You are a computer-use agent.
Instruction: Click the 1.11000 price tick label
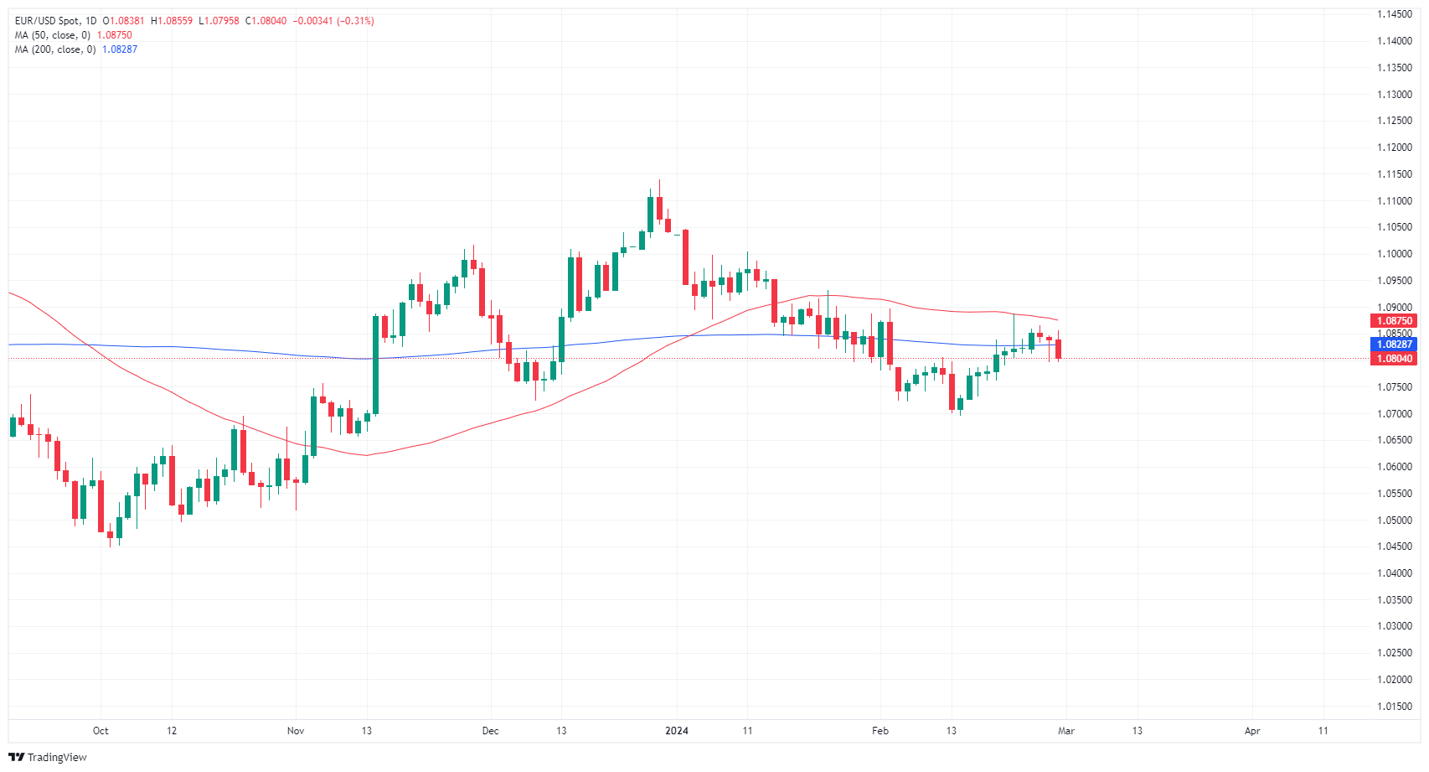coord(1394,201)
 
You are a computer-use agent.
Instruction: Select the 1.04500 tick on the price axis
coord(1394,547)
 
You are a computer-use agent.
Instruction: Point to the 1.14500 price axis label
coord(1394,15)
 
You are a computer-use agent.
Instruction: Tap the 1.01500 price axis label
coord(1394,707)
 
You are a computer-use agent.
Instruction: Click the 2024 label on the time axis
coord(677,731)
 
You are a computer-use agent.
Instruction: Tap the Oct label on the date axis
coord(101,731)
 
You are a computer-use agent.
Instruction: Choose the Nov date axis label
coord(296,731)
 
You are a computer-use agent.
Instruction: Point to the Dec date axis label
coord(491,731)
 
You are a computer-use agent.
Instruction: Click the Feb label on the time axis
coord(880,731)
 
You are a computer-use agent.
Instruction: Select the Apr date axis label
coord(1252,731)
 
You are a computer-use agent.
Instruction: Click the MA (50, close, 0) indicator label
coord(53,35)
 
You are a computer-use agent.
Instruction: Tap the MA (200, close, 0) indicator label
coord(55,49)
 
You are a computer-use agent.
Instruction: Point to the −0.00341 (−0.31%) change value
coord(333,21)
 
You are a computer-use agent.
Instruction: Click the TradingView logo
coord(48,757)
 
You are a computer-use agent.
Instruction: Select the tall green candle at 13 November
coord(375,364)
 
